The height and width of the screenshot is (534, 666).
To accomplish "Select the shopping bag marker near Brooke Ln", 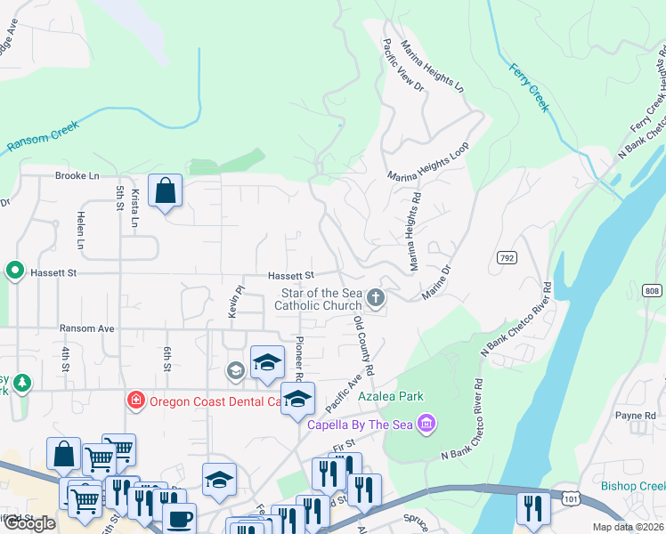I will click(166, 191).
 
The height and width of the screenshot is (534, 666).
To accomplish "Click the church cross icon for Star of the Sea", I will click(377, 297).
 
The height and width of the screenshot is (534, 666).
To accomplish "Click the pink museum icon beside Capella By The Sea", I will click(426, 422).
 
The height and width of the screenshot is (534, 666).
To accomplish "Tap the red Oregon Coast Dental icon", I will click(135, 400).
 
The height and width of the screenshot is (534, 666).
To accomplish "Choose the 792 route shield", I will click(507, 256).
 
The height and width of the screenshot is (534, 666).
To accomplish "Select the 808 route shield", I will click(653, 290).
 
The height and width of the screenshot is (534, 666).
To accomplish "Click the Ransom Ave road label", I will click(86, 328).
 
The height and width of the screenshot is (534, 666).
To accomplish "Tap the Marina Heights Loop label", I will click(427, 163).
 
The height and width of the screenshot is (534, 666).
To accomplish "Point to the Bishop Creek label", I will click(633, 486).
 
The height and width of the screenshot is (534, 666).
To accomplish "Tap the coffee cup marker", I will click(179, 519).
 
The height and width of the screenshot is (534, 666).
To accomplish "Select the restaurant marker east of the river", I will click(533, 508).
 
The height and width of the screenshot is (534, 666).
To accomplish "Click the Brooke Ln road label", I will click(77, 176).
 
